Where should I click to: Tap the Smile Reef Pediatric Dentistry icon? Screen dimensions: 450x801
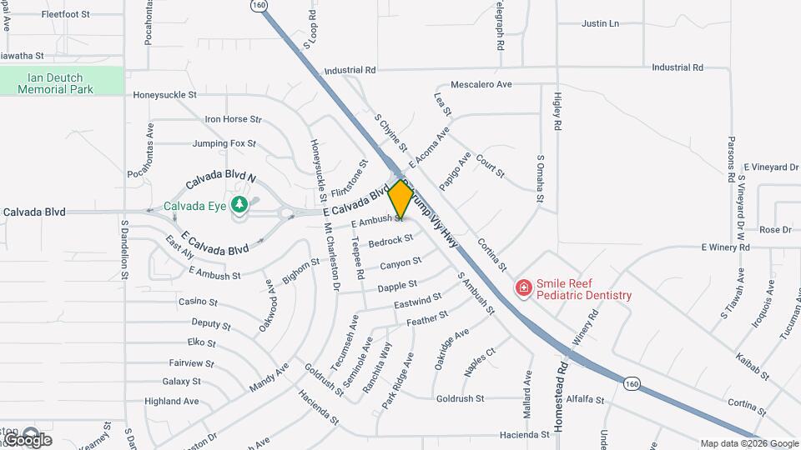click(x=524, y=288)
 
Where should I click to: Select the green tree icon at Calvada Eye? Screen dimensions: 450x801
click(x=240, y=204)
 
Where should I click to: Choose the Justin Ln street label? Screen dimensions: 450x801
click(x=601, y=23)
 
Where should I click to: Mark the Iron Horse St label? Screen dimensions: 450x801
click(x=234, y=120)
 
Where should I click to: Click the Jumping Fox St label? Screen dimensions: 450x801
click(x=224, y=143)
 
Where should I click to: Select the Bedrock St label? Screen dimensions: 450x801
click(x=390, y=242)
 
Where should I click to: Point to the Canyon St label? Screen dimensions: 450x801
click(x=400, y=263)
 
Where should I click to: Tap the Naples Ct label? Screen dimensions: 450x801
click(x=480, y=362)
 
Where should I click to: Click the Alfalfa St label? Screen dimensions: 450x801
click(x=585, y=400)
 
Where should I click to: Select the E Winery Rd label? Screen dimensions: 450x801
click(x=728, y=247)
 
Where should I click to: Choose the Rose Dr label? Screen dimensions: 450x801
click(x=775, y=230)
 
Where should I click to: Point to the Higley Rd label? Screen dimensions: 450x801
click(x=557, y=108)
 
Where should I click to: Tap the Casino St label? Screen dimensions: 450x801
click(x=199, y=302)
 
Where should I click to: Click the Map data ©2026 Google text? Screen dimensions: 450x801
click(x=749, y=443)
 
